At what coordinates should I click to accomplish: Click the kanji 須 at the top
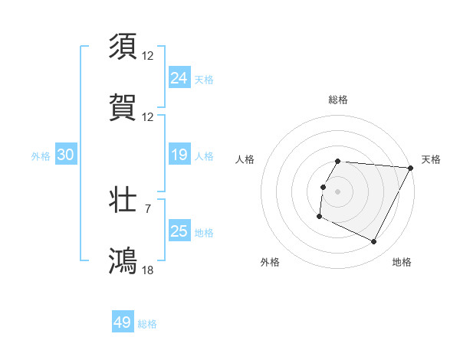123,46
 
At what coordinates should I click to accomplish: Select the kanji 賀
123,106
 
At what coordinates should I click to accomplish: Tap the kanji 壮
123,199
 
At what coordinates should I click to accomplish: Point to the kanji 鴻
123,260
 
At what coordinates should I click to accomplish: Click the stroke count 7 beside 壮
147,208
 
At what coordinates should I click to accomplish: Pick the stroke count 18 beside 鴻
149,269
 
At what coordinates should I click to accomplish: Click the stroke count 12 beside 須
149,55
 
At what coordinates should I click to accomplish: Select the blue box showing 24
179,78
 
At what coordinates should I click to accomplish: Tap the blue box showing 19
179,155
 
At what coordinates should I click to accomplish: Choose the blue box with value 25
179,231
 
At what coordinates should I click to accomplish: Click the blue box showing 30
66,155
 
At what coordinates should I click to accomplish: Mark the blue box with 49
123,322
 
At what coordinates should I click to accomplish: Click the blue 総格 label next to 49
148,324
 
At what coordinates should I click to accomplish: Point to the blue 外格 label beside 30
41,156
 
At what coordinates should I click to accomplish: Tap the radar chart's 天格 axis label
431,159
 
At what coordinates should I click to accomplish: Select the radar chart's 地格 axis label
402,262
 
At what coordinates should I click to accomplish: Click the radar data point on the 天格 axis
411,168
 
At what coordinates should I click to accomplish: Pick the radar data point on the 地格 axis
374,242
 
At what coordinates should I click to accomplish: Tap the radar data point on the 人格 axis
323,187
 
